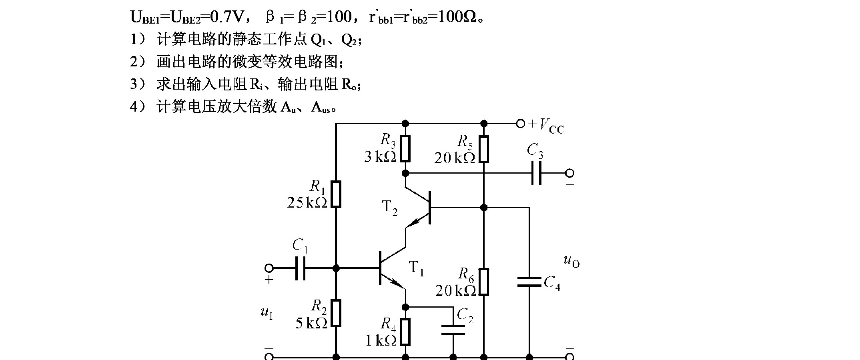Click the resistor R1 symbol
[x=336, y=194]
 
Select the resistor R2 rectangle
[x=336, y=313]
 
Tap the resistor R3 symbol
[x=405, y=149]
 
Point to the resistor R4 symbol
[x=405, y=332]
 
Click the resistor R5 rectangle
[x=484, y=149]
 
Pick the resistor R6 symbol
[x=484, y=282]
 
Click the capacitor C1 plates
[x=300, y=268]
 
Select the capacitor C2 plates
[x=453, y=330]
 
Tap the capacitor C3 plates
[x=537, y=173]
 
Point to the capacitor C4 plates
[x=529, y=282]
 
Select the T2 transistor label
[x=389, y=208]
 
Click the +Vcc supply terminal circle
[x=520, y=124]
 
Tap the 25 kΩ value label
[x=307, y=203]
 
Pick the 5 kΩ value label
[x=311, y=323]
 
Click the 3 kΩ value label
[x=380, y=157]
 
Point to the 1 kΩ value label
[x=381, y=340]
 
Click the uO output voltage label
[x=571, y=261]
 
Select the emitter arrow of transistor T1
[x=397, y=283]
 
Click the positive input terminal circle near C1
[x=269, y=268]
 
